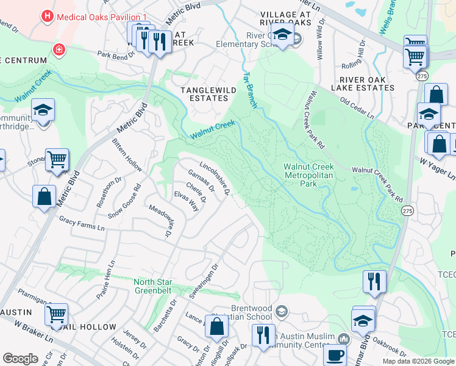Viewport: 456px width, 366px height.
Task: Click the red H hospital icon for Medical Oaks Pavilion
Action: (46, 17)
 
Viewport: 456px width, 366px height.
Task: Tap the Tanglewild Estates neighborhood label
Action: (204, 94)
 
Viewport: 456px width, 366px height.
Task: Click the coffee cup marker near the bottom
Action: (335, 354)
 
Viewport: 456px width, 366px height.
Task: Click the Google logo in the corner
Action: (20, 359)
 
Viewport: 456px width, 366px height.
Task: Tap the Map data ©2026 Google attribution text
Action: (418, 361)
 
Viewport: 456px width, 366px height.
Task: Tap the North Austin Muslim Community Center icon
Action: (344, 339)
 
